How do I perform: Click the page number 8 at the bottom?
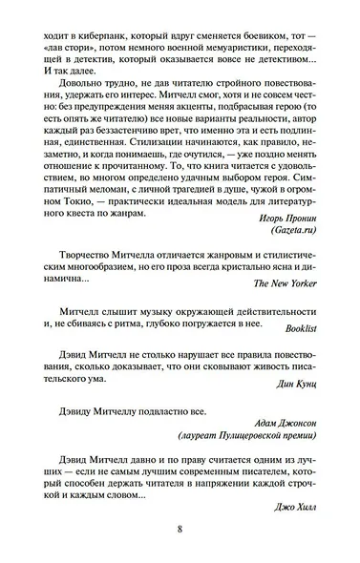pyautogui.click(x=180, y=531)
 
